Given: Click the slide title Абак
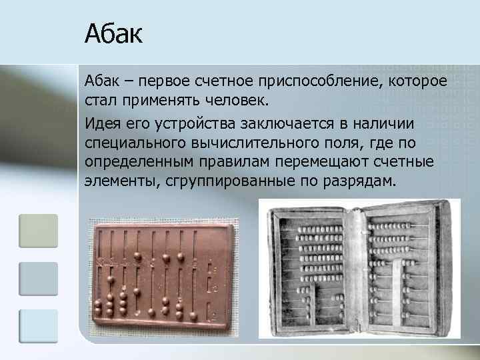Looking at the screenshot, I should pyautogui.click(x=113, y=34).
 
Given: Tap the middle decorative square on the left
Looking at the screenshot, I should pyautogui.click(x=38, y=279).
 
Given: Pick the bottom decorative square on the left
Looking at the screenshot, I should pyautogui.click(x=38, y=326).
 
